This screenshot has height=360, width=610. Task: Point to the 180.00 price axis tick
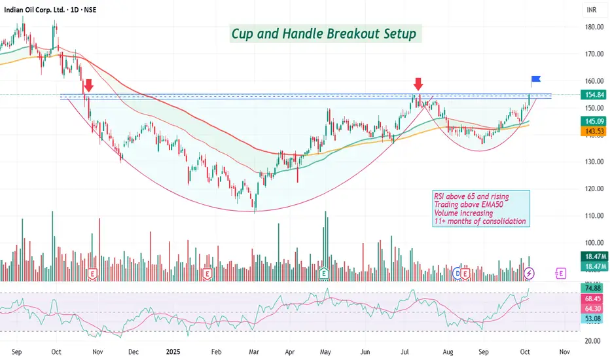point(594,27)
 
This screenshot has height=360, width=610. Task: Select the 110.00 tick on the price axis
point(594,215)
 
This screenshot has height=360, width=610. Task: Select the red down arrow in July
point(418,84)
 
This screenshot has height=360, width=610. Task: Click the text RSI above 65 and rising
point(471,196)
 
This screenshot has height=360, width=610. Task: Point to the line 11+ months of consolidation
point(480,221)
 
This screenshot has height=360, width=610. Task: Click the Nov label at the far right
point(565,351)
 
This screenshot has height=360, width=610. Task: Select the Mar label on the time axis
point(254,351)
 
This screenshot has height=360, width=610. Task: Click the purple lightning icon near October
point(530,272)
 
